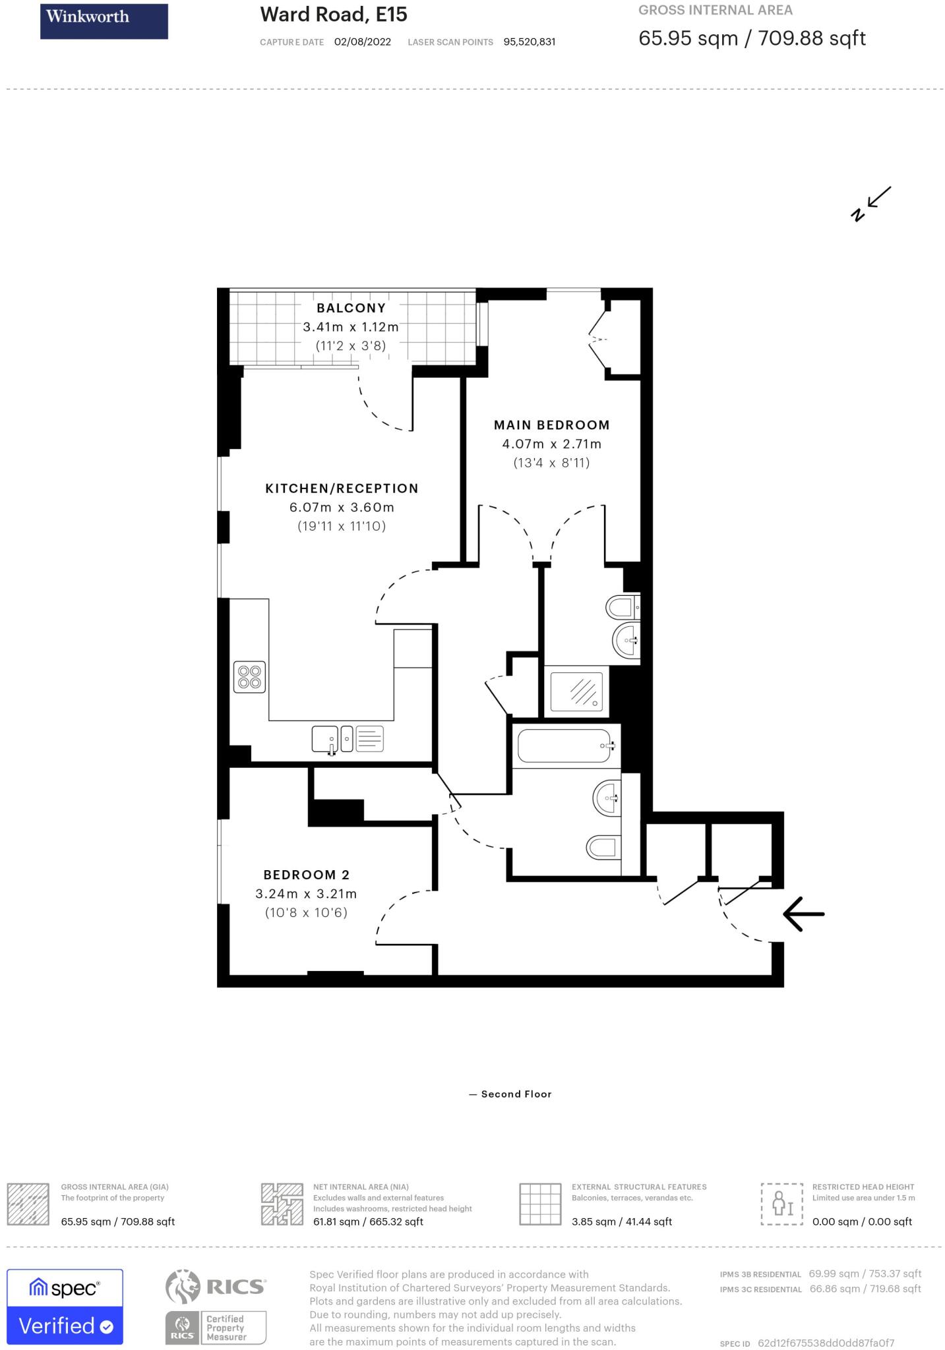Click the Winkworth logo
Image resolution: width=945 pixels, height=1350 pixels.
[104, 21]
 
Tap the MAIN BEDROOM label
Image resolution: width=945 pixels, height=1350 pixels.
[551, 425]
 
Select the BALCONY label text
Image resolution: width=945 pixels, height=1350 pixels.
[351, 308]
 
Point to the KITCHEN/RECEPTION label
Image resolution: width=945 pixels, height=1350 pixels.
[342, 488]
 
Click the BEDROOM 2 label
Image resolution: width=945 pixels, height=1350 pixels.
[306, 875]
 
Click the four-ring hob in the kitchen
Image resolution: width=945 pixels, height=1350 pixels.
[250, 677]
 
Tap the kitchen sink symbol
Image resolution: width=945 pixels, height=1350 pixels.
[325, 740]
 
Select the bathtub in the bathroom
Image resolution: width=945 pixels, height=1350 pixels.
[564, 746]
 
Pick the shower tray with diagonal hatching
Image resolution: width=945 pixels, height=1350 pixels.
[576, 691]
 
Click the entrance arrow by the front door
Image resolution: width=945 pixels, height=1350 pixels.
[803, 914]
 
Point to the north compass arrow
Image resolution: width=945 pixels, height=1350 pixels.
[872, 204]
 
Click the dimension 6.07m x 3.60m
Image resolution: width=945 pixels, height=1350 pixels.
[342, 508]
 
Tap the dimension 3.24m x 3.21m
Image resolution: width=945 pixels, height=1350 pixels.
[306, 894]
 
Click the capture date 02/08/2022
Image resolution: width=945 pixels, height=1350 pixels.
[363, 42]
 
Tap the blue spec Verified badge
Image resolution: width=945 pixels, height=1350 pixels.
[65, 1306]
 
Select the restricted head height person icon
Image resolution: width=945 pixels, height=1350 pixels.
[782, 1204]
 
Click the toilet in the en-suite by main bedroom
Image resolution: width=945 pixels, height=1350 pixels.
[621, 606]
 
